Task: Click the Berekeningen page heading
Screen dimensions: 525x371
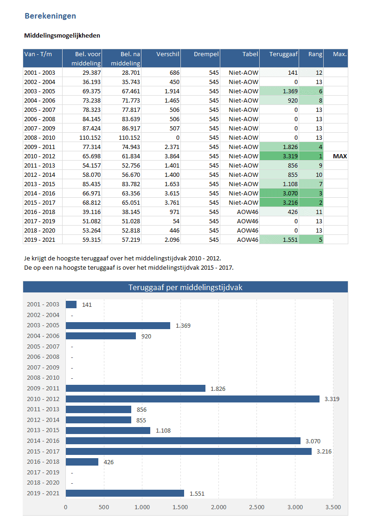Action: [x=50, y=16]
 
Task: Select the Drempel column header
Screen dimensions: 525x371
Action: [x=206, y=54]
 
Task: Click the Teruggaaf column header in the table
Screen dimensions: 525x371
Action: [x=283, y=54]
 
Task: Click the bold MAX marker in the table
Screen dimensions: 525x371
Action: [x=339, y=156]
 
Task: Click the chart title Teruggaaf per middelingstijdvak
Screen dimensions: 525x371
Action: [x=185, y=287]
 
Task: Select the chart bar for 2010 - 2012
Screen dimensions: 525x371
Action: [x=192, y=399]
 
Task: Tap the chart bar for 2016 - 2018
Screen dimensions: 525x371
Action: [x=82, y=462]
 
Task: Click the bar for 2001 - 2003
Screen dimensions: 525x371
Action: [x=71, y=305]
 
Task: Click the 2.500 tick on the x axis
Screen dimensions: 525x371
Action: [x=256, y=507]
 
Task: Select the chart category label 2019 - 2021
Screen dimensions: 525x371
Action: [x=43, y=493]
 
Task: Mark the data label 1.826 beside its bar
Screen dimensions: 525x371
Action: [x=217, y=389]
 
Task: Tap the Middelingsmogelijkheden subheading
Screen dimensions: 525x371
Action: [x=62, y=35]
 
